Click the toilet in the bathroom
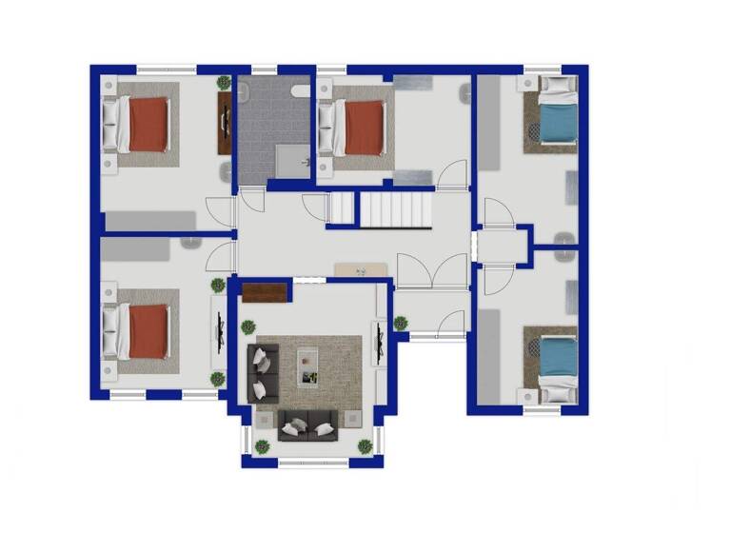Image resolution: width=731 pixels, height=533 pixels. click(x=298, y=91)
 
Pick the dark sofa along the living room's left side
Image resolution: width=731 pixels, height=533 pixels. click(x=262, y=372)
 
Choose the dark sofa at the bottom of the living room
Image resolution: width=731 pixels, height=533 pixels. click(x=306, y=425)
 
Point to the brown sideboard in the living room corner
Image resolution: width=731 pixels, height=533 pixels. click(x=267, y=293)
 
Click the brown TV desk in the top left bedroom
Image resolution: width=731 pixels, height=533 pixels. click(x=225, y=123)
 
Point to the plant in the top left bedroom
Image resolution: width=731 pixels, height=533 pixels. click(x=224, y=83)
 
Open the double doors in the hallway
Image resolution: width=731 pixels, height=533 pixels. click(x=432, y=271)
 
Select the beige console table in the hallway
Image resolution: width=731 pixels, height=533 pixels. click(x=361, y=270)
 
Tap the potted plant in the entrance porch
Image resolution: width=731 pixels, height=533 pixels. click(x=401, y=323)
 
